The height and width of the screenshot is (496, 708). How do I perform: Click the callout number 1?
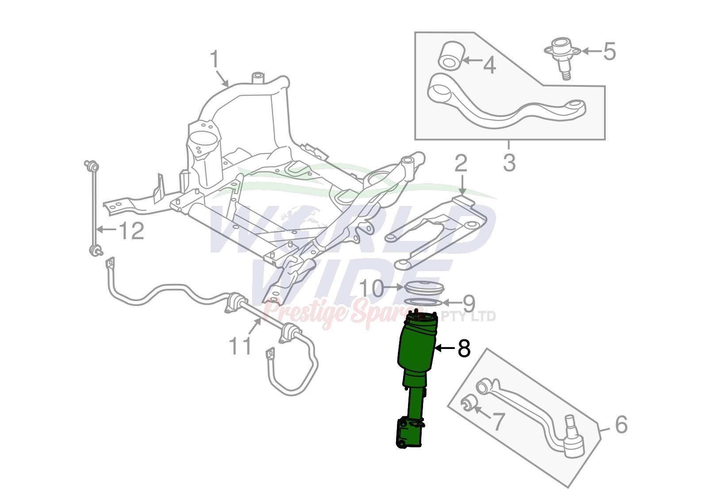(215, 59)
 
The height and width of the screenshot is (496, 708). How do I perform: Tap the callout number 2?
(461, 163)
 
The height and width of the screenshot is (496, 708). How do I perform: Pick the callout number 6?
(621, 425)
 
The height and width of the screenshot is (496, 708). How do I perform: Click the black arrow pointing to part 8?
(445, 348)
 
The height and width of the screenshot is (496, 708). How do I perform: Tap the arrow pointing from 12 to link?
(107, 230)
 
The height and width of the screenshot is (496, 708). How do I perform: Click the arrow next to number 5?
(591, 50)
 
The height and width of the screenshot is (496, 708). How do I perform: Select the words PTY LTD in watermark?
(468, 316)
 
